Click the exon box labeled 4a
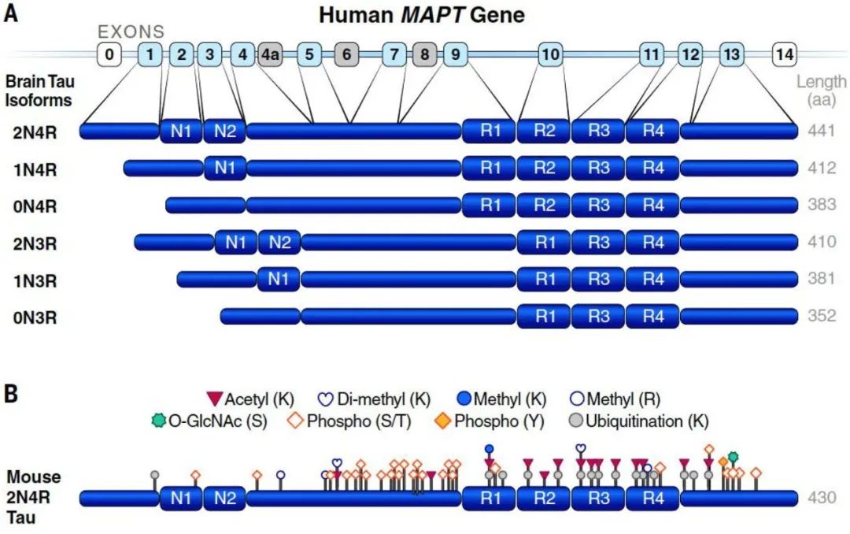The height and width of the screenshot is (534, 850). (x=270, y=54)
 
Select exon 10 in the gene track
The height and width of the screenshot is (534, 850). (x=550, y=54)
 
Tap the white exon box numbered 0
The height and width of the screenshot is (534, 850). (x=109, y=54)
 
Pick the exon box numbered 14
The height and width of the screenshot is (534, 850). (x=784, y=54)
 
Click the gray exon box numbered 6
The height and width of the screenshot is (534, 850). (x=346, y=54)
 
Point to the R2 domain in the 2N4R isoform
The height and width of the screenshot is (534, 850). (x=544, y=131)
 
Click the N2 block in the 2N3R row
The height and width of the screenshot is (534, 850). (x=279, y=243)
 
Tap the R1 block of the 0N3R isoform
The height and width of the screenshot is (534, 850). (x=544, y=317)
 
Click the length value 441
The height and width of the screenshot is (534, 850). (x=821, y=131)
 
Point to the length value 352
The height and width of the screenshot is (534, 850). (x=821, y=317)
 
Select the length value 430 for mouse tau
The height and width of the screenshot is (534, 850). (x=821, y=498)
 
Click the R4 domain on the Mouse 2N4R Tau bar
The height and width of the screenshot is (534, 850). (x=652, y=498)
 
